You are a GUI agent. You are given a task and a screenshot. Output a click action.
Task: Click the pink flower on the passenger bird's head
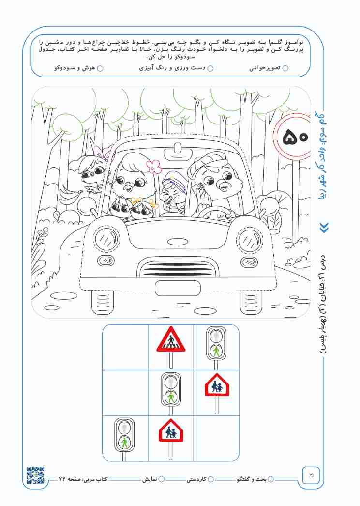tap(154, 166)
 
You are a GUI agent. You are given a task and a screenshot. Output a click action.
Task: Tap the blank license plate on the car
tap(178, 288)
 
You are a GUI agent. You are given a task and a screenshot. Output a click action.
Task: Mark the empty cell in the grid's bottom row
tap(216, 438)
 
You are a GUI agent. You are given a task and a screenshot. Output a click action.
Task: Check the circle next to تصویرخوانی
tap(285, 68)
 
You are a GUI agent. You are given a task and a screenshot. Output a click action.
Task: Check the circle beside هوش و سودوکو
tap(100, 68)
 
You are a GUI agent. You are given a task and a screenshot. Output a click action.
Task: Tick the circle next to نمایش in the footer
tap(161, 479)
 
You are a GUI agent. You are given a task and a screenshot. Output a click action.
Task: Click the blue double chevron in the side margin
tap(324, 228)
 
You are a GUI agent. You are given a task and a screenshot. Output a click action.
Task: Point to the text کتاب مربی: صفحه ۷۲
tap(83, 479)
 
